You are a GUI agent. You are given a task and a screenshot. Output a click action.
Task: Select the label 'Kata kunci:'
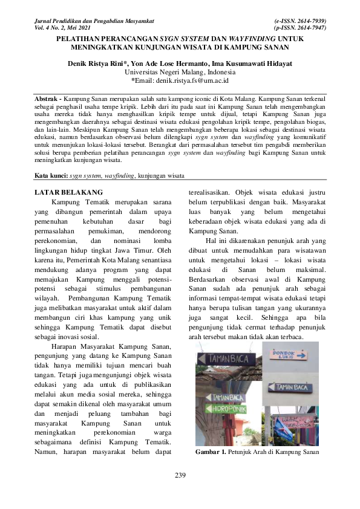pos(51,176)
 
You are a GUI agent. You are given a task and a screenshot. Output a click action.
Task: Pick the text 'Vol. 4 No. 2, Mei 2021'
pos(67,28)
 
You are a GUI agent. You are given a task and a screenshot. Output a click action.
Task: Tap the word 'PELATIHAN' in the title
pos(79,37)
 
